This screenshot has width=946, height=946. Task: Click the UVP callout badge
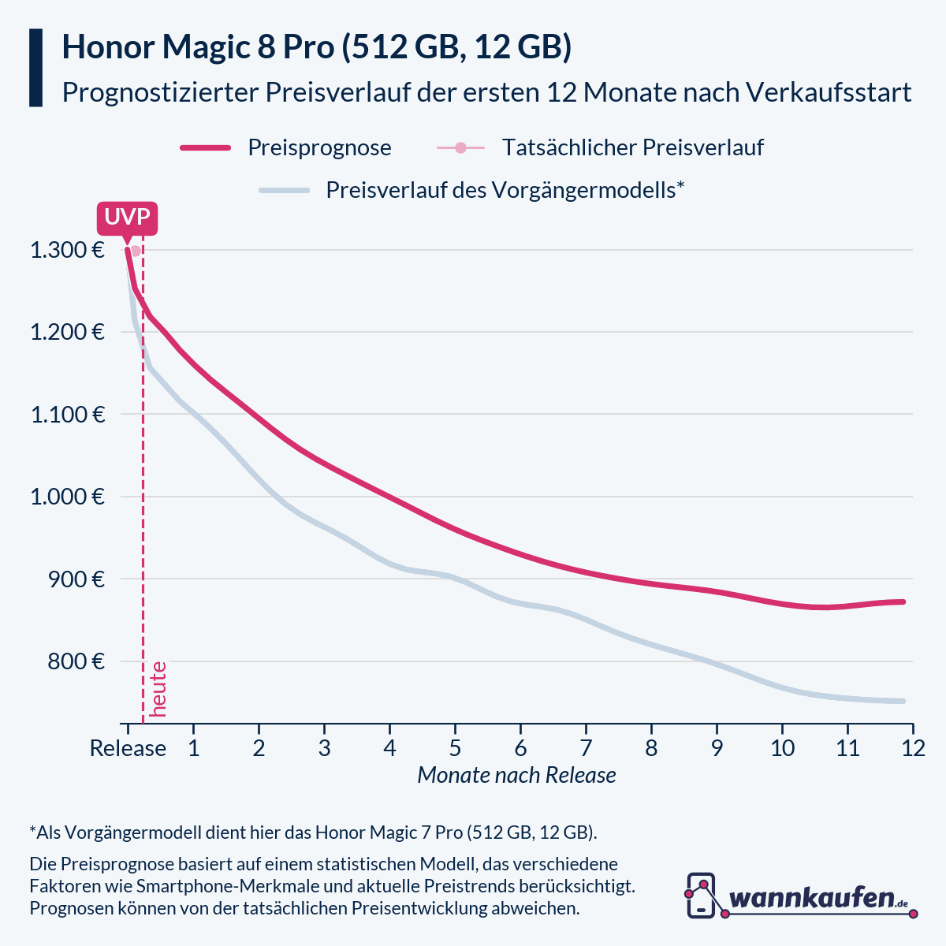point(127,218)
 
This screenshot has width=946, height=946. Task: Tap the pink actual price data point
point(136,251)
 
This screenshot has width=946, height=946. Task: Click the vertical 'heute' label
point(158,688)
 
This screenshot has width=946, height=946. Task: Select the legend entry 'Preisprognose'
point(319,147)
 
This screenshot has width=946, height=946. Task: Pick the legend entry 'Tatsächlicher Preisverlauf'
point(632,147)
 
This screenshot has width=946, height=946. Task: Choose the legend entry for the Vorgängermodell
point(505,190)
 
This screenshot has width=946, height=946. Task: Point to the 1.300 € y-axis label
point(67,251)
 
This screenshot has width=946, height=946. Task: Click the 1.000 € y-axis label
point(67,497)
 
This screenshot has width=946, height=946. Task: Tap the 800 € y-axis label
point(75,661)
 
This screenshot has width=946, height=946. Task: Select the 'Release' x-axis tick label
point(128,747)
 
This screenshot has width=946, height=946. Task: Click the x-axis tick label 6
point(520,747)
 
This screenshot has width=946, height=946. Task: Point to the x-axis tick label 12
point(913,747)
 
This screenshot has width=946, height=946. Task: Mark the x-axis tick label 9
point(717,747)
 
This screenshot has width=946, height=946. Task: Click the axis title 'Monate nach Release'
point(516,775)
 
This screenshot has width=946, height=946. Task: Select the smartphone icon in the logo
point(701,896)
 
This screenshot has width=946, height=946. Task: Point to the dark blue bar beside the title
point(35,68)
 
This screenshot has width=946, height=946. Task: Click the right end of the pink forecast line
point(903,601)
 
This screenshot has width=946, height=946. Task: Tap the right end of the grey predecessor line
point(903,701)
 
